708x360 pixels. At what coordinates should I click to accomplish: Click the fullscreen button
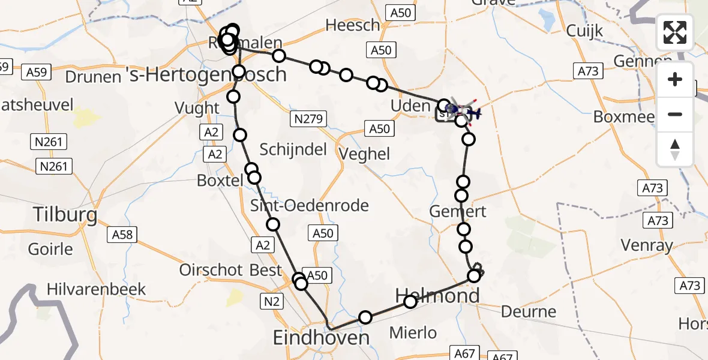coord(675,33)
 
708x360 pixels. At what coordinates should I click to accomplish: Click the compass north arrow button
coord(675,149)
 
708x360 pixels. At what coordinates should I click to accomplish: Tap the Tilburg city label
coord(57,214)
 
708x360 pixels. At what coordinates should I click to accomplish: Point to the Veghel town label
coord(364,154)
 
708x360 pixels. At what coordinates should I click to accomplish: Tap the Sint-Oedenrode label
coord(310,206)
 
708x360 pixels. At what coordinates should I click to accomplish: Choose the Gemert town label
coord(458,211)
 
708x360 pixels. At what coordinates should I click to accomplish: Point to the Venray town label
coord(647,245)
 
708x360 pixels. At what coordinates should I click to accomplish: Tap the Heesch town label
coord(353,25)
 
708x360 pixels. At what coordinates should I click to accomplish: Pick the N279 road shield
coord(311,119)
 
